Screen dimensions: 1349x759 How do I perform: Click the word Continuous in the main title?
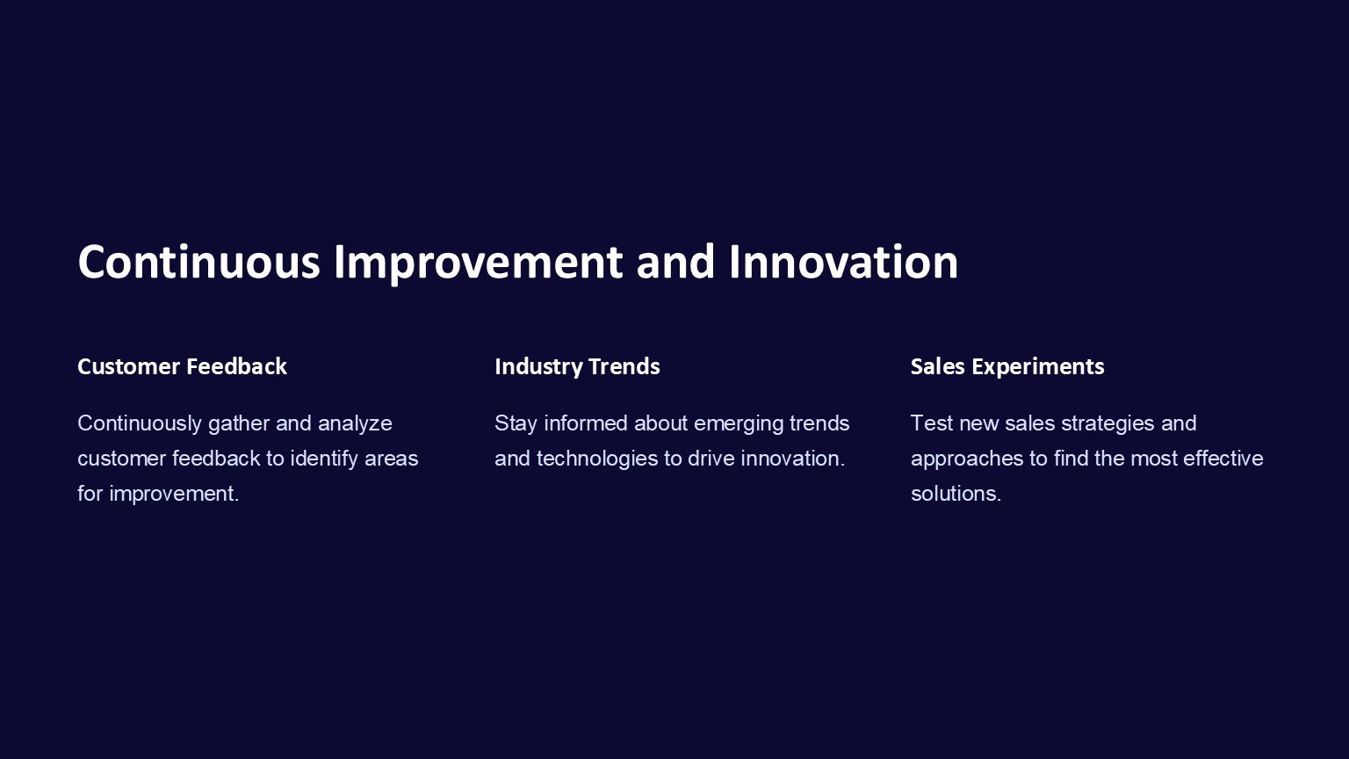pos(198,262)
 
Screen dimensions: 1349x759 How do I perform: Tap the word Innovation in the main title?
pos(843,262)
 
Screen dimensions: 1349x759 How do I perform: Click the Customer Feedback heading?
pos(182,366)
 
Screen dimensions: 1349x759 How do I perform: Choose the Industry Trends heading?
pos(577,367)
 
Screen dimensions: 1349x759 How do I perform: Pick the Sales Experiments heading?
pos(1007,367)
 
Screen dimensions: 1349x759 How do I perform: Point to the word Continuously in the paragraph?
pos(140,424)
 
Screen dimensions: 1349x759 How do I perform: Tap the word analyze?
pos(355,424)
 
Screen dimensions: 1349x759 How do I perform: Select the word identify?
pos(325,459)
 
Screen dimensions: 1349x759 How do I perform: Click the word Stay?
pos(516,424)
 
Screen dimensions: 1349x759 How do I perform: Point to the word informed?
pos(586,423)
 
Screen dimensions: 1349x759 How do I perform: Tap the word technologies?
pos(597,459)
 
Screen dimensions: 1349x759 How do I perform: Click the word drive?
pos(711,459)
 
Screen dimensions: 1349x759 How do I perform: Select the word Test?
pos(932,423)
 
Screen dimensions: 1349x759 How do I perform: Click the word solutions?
pos(956,494)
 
